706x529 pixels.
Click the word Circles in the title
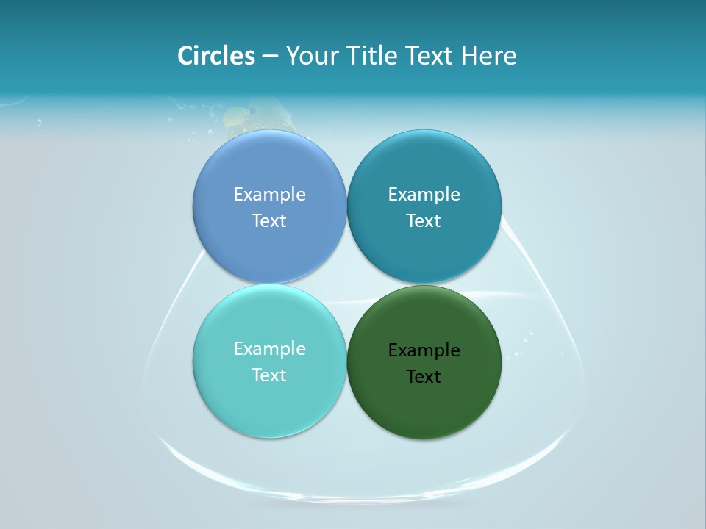pos(216,56)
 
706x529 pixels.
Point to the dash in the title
pos(270,57)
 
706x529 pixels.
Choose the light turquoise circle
pos(269,397)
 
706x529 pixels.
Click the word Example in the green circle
pos(424,350)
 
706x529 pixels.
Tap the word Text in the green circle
pos(424,377)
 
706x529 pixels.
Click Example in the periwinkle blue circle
pos(269,195)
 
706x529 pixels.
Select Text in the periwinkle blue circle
pos(269,221)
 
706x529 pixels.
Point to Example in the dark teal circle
pos(424,195)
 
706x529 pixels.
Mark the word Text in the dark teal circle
pos(424,221)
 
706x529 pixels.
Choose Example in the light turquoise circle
pos(269,349)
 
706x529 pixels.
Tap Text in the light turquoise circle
pos(269,375)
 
